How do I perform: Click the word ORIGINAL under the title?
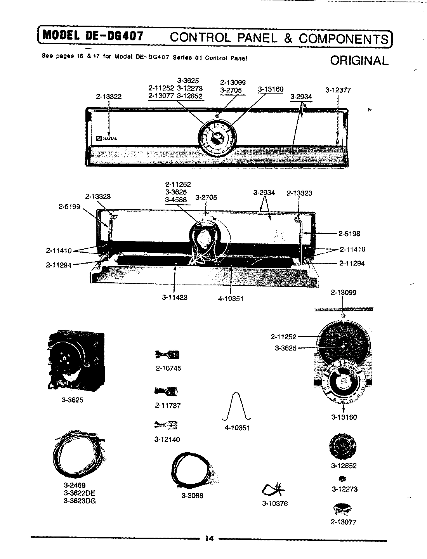click(x=359, y=61)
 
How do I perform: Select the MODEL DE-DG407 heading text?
click(x=93, y=36)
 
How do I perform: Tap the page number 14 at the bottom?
click(x=210, y=538)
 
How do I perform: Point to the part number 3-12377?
click(x=338, y=90)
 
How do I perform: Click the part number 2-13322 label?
click(x=109, y=97)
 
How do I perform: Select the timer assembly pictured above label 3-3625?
click(x=75, y=361)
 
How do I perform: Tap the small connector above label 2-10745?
click(x=167, y=354)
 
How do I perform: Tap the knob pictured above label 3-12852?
click(x=343, y=446)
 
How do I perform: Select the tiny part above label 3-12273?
click(x=343, y=478)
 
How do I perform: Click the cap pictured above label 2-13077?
click(x=343, y=509)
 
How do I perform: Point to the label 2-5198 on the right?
click(x=349, y=234)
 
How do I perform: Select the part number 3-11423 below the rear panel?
click(x=175, y=297)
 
